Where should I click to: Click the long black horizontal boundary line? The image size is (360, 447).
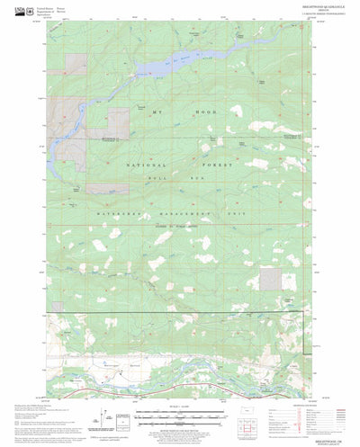180,312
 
